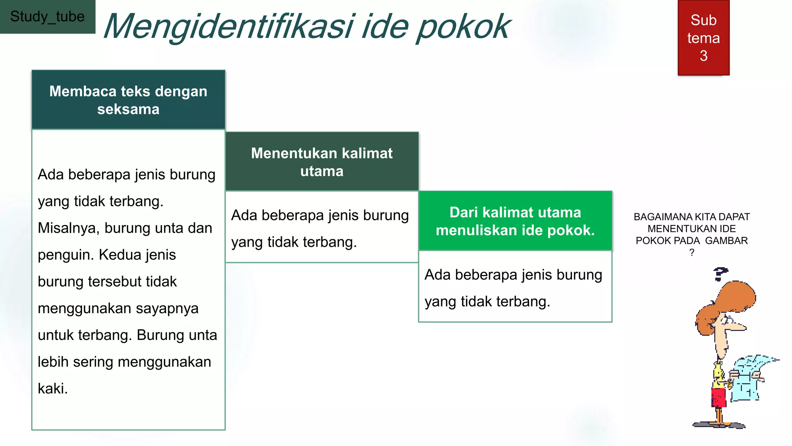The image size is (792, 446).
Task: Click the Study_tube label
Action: pos(47,17)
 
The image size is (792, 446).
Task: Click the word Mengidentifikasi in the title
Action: pos(228,27)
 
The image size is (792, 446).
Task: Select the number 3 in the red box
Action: pos(703,56)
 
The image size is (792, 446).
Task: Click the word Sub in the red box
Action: pos(703,20)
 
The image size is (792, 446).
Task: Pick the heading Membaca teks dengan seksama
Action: pos(128,100)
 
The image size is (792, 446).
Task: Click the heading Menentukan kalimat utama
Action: pos(322,162)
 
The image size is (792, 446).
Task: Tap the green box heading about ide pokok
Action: pos(515,221)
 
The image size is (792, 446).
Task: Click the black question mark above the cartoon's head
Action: pos(720,274)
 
